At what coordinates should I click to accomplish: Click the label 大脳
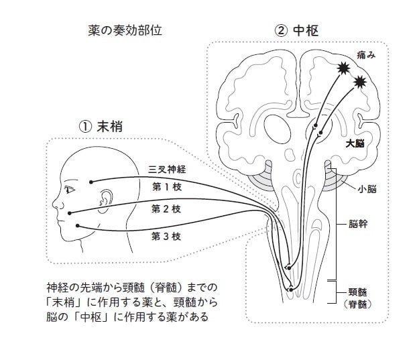(x=355, y=143)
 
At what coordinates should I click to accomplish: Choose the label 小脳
(x=367, y=189)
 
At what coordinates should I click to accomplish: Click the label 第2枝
(x=166, y=209)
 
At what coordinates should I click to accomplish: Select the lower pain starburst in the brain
(x=361, y=82)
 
